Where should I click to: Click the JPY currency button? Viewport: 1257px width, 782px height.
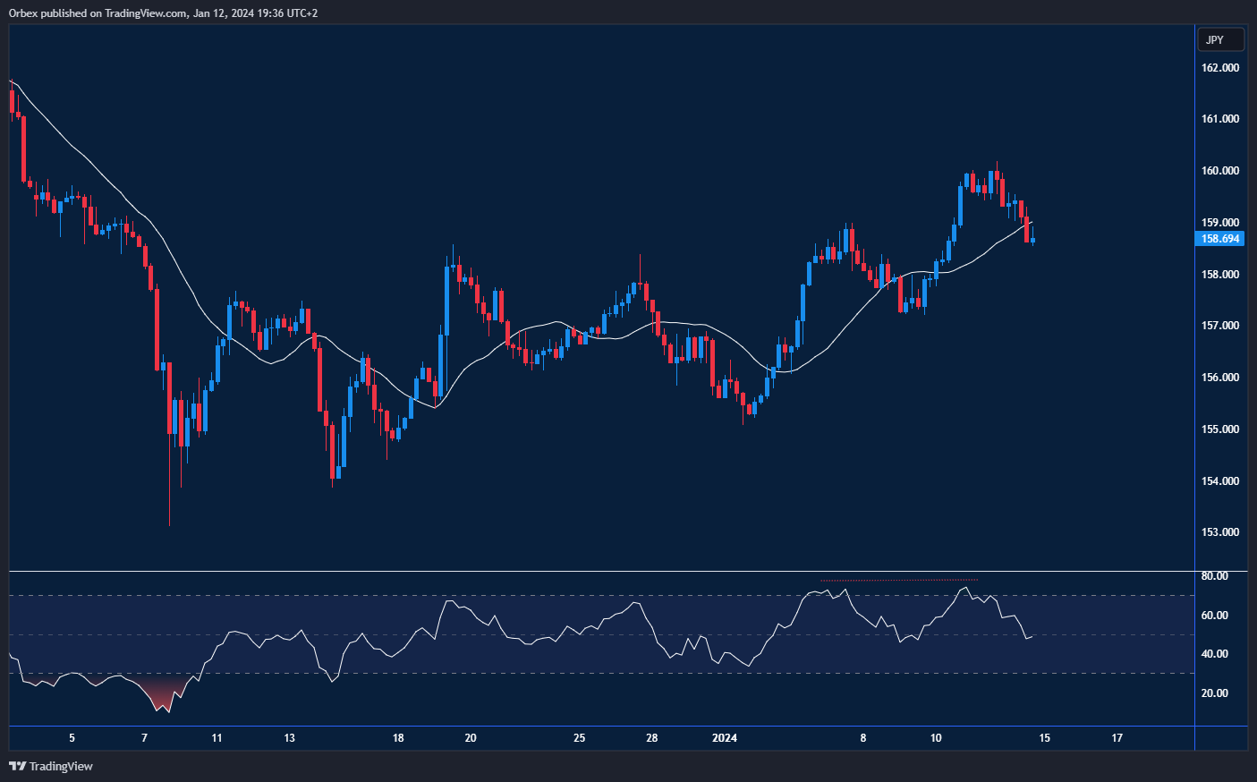(x=1220, y=40)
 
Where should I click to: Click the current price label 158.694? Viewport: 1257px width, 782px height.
(x=1219, y=239)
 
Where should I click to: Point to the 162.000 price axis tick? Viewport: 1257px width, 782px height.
(x=1219, y=68)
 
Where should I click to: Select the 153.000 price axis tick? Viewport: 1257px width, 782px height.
(x=1219, y=532)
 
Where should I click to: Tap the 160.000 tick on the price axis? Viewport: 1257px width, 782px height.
(x=1219, y=171)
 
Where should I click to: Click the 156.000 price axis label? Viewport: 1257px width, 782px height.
(x=1219, y=378)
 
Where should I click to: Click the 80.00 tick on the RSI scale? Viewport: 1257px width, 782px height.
(x=1214, y=576)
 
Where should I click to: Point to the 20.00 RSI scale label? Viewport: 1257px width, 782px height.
(x=1214, y=693)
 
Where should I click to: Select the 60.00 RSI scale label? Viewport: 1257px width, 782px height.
(x=1214, y=616)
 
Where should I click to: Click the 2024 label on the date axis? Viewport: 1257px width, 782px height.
(x=724, y=738)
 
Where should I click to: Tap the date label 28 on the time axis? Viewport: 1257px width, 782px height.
(x=651, y=738)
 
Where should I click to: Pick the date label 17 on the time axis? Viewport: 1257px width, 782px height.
(x=1117, y=738)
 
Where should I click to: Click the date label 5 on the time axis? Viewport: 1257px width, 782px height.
(x=72, y=738)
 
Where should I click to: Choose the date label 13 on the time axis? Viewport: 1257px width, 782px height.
(x=289, y=738)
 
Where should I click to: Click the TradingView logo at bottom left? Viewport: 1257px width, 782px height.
(x=51, y=766)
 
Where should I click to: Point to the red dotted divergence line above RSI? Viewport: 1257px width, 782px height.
(x=899, y=581)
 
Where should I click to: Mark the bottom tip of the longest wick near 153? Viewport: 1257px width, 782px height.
(x=169, y=524)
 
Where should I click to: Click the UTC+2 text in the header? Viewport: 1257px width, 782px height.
(x=302, y=13)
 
